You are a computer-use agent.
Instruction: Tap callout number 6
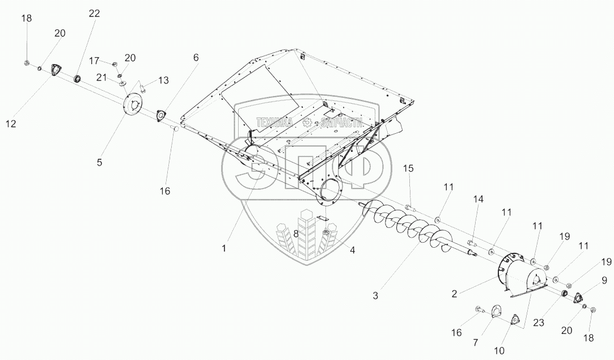pyautogui.click(x=196, y=57)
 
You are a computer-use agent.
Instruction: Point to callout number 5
pyautogui.click(x=99, y=162)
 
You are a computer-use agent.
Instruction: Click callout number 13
pyautogui.click(x=163, y=81)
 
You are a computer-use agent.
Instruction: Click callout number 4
pyautogui.click(x=352, y=250)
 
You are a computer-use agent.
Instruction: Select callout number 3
pyautogui.click(x=376, y=295)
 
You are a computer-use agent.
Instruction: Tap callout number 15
pyautogui.click(x=409, y=168)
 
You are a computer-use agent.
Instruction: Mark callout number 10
pyautogui.click(x=499, y=351)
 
